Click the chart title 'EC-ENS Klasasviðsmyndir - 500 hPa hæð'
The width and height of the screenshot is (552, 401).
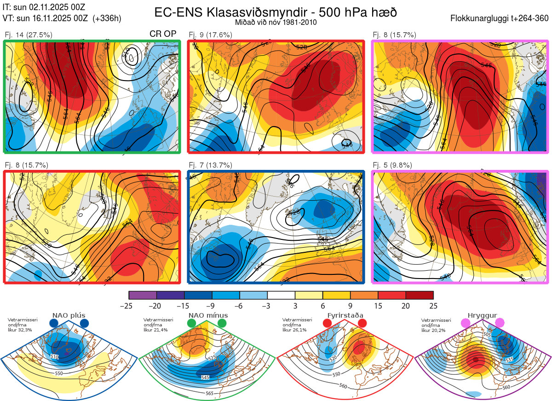point(276,12)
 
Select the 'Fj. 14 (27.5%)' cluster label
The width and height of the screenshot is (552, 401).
point(28,35)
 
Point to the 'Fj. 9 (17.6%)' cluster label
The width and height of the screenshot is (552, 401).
point(211,35)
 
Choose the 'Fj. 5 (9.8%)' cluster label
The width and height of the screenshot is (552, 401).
point(392,165)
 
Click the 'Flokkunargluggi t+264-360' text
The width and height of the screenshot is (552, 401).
point(500,19)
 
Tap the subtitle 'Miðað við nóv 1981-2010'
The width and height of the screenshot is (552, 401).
point(276,22)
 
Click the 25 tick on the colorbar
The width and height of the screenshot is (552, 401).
point(433,306)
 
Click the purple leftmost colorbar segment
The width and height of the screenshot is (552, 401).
point(143,295)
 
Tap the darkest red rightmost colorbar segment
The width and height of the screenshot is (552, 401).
point(419,295)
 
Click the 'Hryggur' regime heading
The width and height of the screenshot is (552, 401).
point(481,315)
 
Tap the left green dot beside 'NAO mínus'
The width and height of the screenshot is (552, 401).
point(191,324)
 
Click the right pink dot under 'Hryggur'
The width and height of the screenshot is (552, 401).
point(500,323)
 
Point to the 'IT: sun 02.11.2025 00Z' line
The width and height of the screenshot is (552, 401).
point(44,7)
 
